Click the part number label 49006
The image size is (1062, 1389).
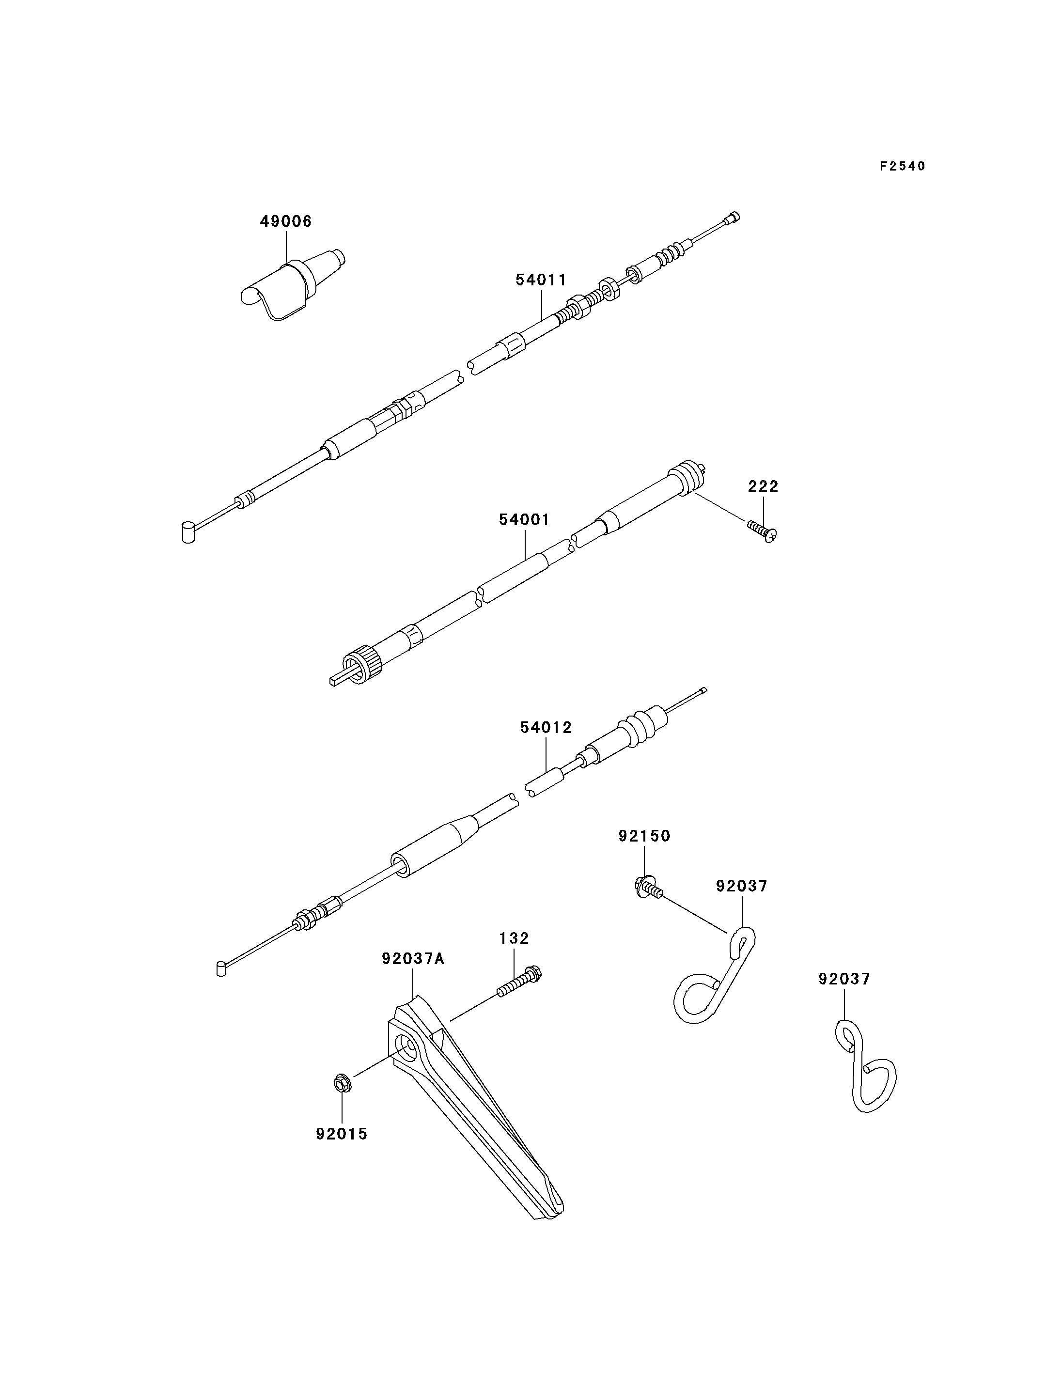point(286,221)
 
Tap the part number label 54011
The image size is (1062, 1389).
point(541,280)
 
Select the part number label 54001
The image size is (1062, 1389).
point(524,520)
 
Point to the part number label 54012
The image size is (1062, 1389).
point(546,728)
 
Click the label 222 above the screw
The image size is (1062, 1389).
point(763,487)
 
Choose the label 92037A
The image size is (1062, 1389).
point(413,959)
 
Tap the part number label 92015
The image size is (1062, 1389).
point(342,1134)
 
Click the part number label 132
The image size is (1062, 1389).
point(514,939)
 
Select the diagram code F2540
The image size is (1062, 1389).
point(903,166)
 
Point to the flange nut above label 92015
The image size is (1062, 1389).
point(342,1083)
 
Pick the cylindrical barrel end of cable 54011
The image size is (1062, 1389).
point(188,532)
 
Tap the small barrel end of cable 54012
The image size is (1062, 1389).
point(220,968)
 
